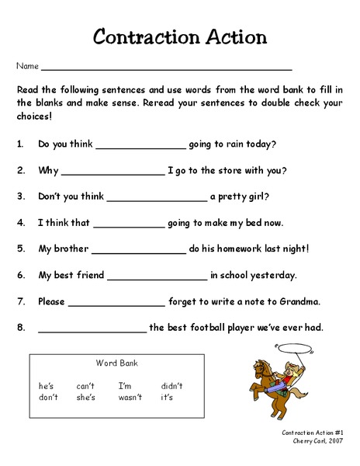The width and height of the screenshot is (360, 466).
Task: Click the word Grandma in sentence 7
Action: click(299, 301)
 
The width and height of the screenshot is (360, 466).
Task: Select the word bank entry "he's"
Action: click(47, 386)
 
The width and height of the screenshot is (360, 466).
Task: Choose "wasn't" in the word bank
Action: click(130, 398)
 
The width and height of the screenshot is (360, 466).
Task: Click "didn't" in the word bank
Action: click(171, 386)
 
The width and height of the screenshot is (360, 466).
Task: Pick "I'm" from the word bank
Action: click(126, 386)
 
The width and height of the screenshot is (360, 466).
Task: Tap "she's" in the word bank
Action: click(85, 398)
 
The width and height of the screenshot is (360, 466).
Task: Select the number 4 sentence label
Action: click(19, 223)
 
